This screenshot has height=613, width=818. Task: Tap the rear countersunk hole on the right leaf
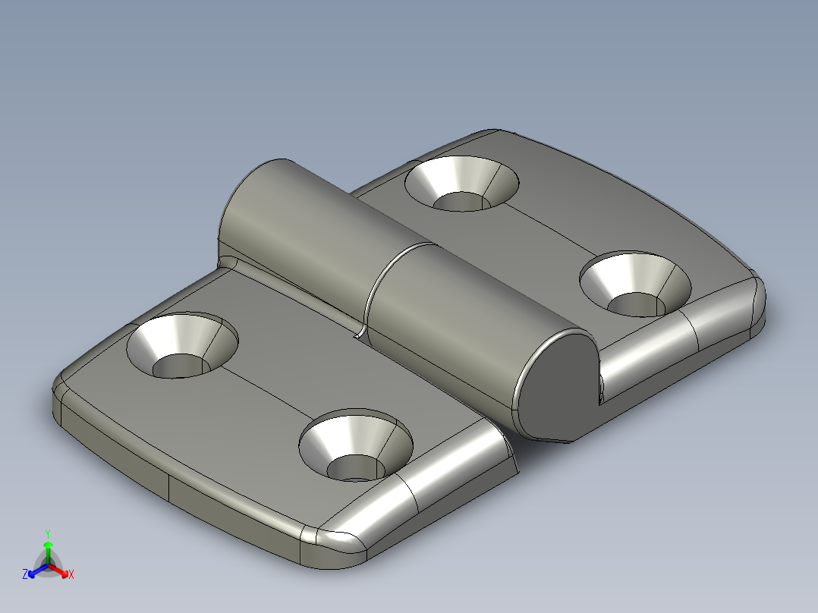click(x=462, y=185)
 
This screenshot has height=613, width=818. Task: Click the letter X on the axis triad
click(x=71, y=575)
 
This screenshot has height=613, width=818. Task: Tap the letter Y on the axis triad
click(x=47, y=533)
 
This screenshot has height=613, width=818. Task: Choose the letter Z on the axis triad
click(x=25, y=575)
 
